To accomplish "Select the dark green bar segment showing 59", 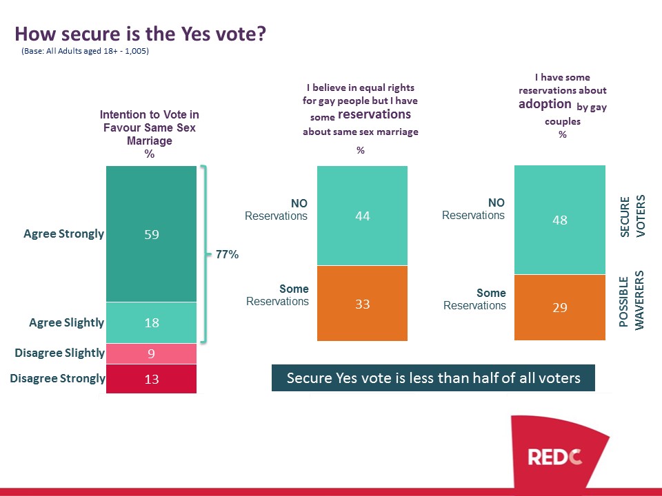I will (x=152, y=234).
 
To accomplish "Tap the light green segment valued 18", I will (x=152, y=322).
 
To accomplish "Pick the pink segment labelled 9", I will (x=152, y=353).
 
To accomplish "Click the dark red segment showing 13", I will (x=152, y=378).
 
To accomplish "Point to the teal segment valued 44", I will (x=362, y=216).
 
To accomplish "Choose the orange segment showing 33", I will (x=362, y=303).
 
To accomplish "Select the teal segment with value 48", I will (x=560, y=220).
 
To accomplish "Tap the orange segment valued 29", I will (x=560, y=307).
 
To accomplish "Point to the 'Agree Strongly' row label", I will (x=63, y=234).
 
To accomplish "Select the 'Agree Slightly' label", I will (x=66, y=322).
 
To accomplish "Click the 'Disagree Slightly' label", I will (x=59, y=353).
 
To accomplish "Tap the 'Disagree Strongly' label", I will (x=57, y=378).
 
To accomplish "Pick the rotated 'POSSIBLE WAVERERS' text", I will (x=632, y=301).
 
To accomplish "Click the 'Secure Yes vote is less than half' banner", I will (x=433, y=378).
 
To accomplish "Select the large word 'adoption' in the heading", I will (x=545, y=104).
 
